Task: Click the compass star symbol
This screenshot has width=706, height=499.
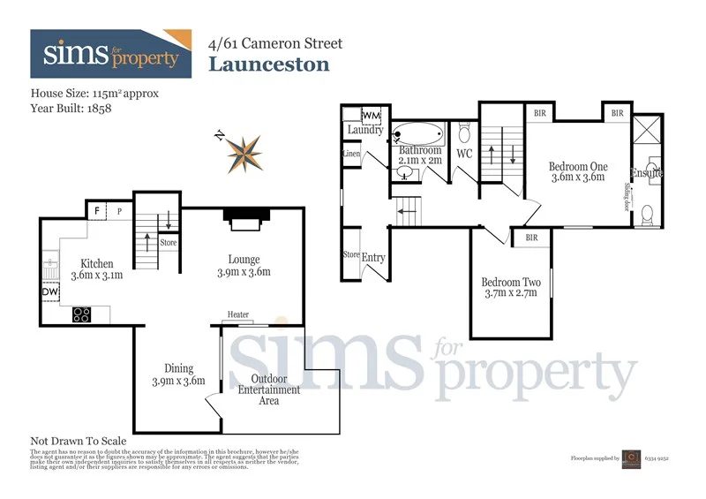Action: pos(244,153)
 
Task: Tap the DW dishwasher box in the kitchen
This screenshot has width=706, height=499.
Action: pos(49,292)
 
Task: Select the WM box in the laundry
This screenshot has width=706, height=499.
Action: pos(371,116)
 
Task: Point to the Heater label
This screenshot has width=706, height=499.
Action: pos(237,314)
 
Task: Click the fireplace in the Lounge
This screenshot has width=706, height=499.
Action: pos(243,219)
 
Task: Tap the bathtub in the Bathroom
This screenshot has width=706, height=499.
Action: pos(420,136)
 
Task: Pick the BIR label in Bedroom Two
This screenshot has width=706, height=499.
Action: pos(531,238)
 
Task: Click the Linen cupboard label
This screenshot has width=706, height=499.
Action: pos(351,154)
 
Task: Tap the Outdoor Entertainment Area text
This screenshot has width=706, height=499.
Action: pos(269,389)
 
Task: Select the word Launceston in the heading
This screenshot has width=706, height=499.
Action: pos(268,64)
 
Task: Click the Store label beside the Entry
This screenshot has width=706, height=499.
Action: pos(350,254)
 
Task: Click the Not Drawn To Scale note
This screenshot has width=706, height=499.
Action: pos(79,441)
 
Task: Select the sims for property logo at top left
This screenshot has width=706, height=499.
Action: pos(110,54)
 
